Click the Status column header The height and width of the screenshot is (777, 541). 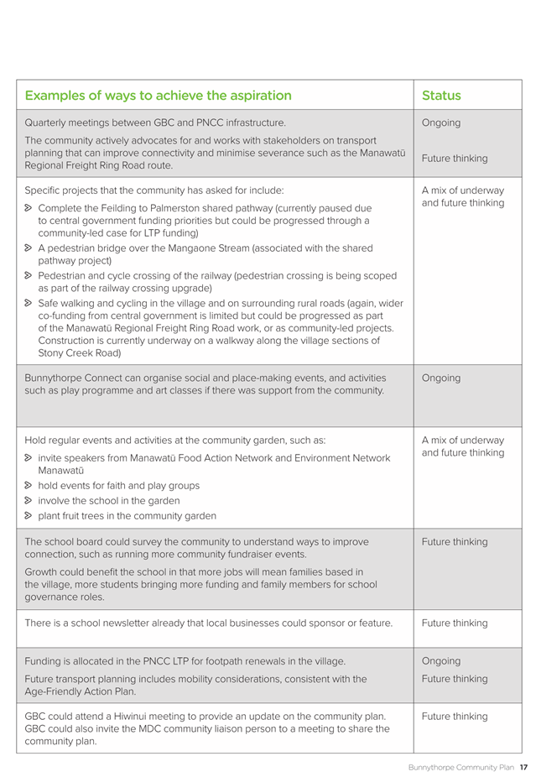point(441,96)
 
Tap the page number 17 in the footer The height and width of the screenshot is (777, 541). point(523,767)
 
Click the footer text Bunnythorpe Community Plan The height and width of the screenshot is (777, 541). point(460,767)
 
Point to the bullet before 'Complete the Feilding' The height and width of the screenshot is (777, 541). point(29,207)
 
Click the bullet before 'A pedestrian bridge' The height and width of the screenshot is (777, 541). point(29,248)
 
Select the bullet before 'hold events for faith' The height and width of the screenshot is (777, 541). point(29,486)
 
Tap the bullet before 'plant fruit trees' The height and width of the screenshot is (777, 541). point(29,516)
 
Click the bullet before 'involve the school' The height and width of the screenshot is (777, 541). point(29,501)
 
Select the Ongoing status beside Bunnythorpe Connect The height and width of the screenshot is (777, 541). point(441,378)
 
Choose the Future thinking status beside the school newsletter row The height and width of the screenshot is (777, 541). point(455,623)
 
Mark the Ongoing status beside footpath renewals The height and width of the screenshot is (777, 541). point(441,661)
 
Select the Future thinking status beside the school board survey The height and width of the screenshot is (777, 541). point(455,542)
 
